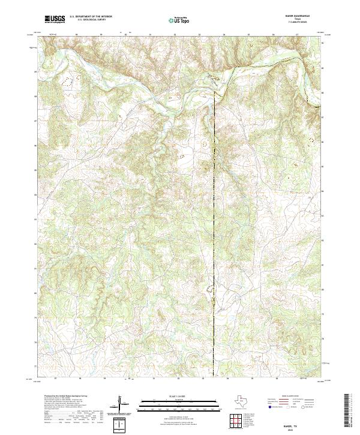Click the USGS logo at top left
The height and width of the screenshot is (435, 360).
(55, 20)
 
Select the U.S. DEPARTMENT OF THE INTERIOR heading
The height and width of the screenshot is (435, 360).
(90, 17)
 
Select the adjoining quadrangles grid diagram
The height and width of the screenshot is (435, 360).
(236, 421)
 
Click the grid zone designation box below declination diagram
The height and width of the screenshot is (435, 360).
(121, 424)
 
